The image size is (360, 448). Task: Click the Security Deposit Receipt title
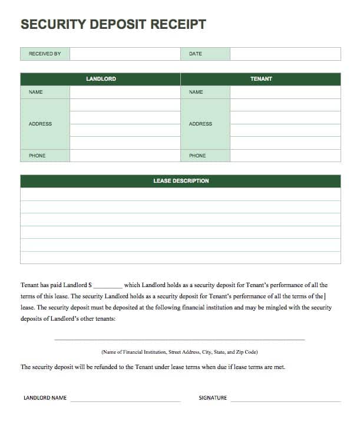coord(113,24)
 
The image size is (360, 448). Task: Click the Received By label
coord(45,54)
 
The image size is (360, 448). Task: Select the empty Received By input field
coord(125,54)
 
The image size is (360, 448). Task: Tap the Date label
coord(195,54)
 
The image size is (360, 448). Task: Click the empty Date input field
coord(285,54)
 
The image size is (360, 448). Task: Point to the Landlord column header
coord(101,79)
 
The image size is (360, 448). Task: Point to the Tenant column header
coord(261,79)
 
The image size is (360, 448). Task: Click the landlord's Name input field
coord(125,92)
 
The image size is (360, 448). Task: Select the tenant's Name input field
coord(285,92)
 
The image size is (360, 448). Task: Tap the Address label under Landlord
coord(40,124)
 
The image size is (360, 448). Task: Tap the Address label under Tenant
coord(200,124)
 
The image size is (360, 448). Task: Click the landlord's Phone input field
coord(125,156)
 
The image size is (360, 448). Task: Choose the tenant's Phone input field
coord(285,156)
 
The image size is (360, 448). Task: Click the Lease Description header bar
coord(180,181)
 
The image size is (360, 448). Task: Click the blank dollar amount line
coord(108,286)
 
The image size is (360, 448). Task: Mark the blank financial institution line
coord(180,338)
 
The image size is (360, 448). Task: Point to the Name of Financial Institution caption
coord(180,352)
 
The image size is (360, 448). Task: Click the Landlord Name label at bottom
coord(45,398)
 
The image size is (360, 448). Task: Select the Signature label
coord(213,398)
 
